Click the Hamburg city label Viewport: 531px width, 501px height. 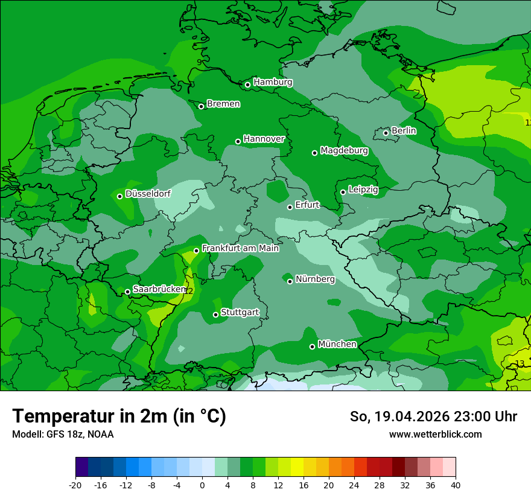[x=273, y=82]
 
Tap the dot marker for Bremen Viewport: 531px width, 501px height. [x=201, y=106]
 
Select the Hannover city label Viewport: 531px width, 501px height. [x=264, y=139]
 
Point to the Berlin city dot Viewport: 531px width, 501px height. [x=386, y=133]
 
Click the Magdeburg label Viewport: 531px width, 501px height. [x=344, y=150]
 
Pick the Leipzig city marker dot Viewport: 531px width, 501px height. [x=343, y=192]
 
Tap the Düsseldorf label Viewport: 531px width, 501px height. [x=148, y=194]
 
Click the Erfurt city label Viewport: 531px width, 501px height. [x=307, y=205]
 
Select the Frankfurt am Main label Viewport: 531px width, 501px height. [x=240, y=248]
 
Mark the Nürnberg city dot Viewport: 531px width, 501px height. [x=290, y=281]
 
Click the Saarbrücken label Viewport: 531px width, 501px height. [x=159, y=289]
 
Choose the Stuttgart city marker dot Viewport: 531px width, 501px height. [x=215, y=314]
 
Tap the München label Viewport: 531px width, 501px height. [x=337, y=344]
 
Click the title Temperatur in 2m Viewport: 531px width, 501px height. [x=119, y=416]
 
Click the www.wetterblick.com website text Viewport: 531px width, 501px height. [x=435, y=434]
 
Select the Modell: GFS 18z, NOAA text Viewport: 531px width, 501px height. [x=63, y=434]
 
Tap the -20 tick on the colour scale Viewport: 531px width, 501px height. [x=75, y=485]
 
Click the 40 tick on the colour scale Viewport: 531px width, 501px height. [x=455, y=485]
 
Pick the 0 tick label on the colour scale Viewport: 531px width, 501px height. [x=202, y=485]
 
